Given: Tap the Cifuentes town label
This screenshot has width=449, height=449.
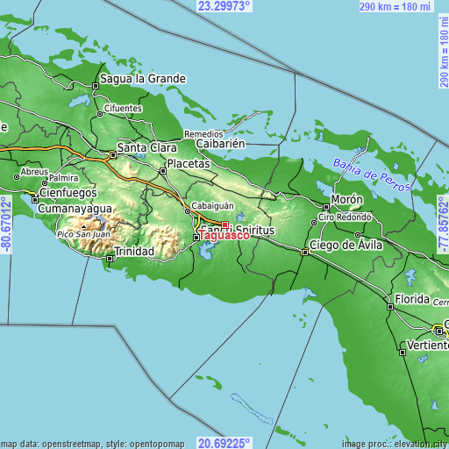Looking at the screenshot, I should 123,109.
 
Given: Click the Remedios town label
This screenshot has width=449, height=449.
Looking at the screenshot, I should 203,134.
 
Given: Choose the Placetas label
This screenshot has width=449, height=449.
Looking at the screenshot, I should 189,163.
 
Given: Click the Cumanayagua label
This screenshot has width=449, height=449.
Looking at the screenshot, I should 75,209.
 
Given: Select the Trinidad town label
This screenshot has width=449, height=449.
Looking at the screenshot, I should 135,252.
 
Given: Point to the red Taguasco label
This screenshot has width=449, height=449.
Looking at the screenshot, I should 224,236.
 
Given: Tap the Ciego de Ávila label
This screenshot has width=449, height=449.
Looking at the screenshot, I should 346,245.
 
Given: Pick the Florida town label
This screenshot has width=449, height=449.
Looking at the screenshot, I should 411,299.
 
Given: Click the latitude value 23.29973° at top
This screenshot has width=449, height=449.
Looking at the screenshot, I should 224,6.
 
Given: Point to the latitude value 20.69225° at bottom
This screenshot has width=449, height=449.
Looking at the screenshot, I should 224,443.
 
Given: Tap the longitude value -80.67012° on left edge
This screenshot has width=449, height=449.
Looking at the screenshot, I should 6,225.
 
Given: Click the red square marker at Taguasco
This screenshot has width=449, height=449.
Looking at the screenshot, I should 224,224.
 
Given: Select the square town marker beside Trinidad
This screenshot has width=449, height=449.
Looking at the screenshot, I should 110,259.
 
